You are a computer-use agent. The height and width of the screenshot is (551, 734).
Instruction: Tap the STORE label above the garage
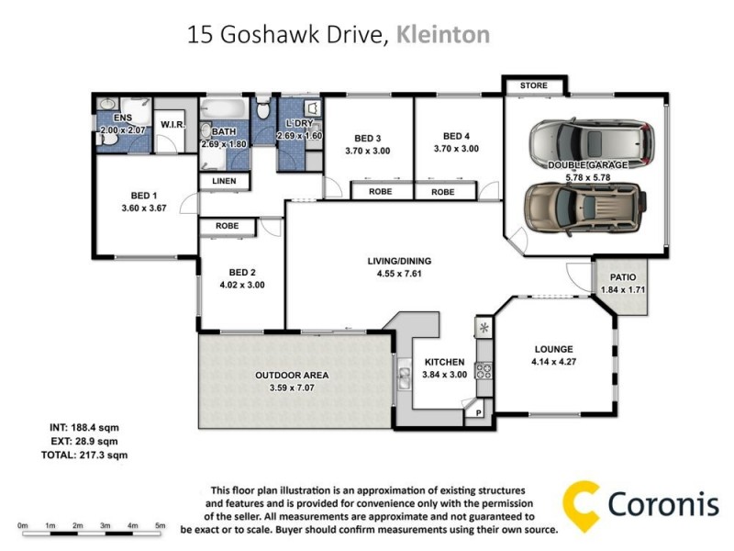(x=533, y=85)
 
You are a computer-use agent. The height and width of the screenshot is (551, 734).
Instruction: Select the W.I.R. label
(x=173, y=124)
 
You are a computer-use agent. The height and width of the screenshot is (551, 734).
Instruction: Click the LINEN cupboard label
(x=225, y=182)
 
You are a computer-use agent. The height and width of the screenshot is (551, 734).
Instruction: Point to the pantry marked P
(x=478, y=413)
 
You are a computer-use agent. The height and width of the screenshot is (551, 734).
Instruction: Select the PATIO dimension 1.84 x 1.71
(x=624, y=290)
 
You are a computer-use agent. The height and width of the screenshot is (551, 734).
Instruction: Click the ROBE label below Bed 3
(x=381, y=192)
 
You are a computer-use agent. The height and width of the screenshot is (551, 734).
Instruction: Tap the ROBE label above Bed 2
(x=228, y=225)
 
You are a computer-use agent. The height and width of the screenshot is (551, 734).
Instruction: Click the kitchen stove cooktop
(x=484, y=372)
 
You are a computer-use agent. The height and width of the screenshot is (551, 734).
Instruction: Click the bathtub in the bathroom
(x=225, y=112)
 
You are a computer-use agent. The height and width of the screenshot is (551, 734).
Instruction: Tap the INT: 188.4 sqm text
(x=84, y=427)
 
